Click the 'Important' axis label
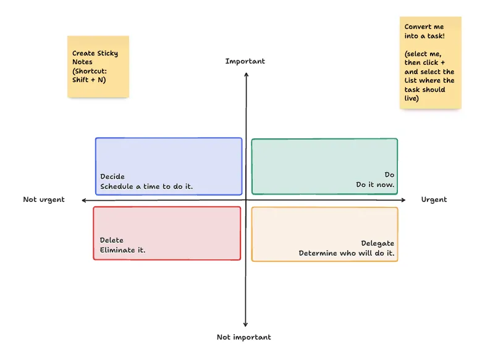click(245, 61)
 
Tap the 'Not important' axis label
click(243, 337)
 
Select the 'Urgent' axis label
click(434, 199)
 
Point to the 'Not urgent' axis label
click(44, 199)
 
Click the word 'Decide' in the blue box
click(112, 177)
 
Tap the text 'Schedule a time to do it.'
click(146, 186)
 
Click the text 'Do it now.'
click(375, 185)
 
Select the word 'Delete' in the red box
click(112, 240)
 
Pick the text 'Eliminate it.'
click(122, 250)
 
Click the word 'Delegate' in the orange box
click(378, 243)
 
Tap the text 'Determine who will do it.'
click(346, 253)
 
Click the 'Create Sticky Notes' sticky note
click(98, 67)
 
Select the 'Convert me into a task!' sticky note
click(430, 62)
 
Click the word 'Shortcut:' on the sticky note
click(90, 71)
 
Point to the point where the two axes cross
click(246, 200)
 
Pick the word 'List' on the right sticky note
click(411, 80)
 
